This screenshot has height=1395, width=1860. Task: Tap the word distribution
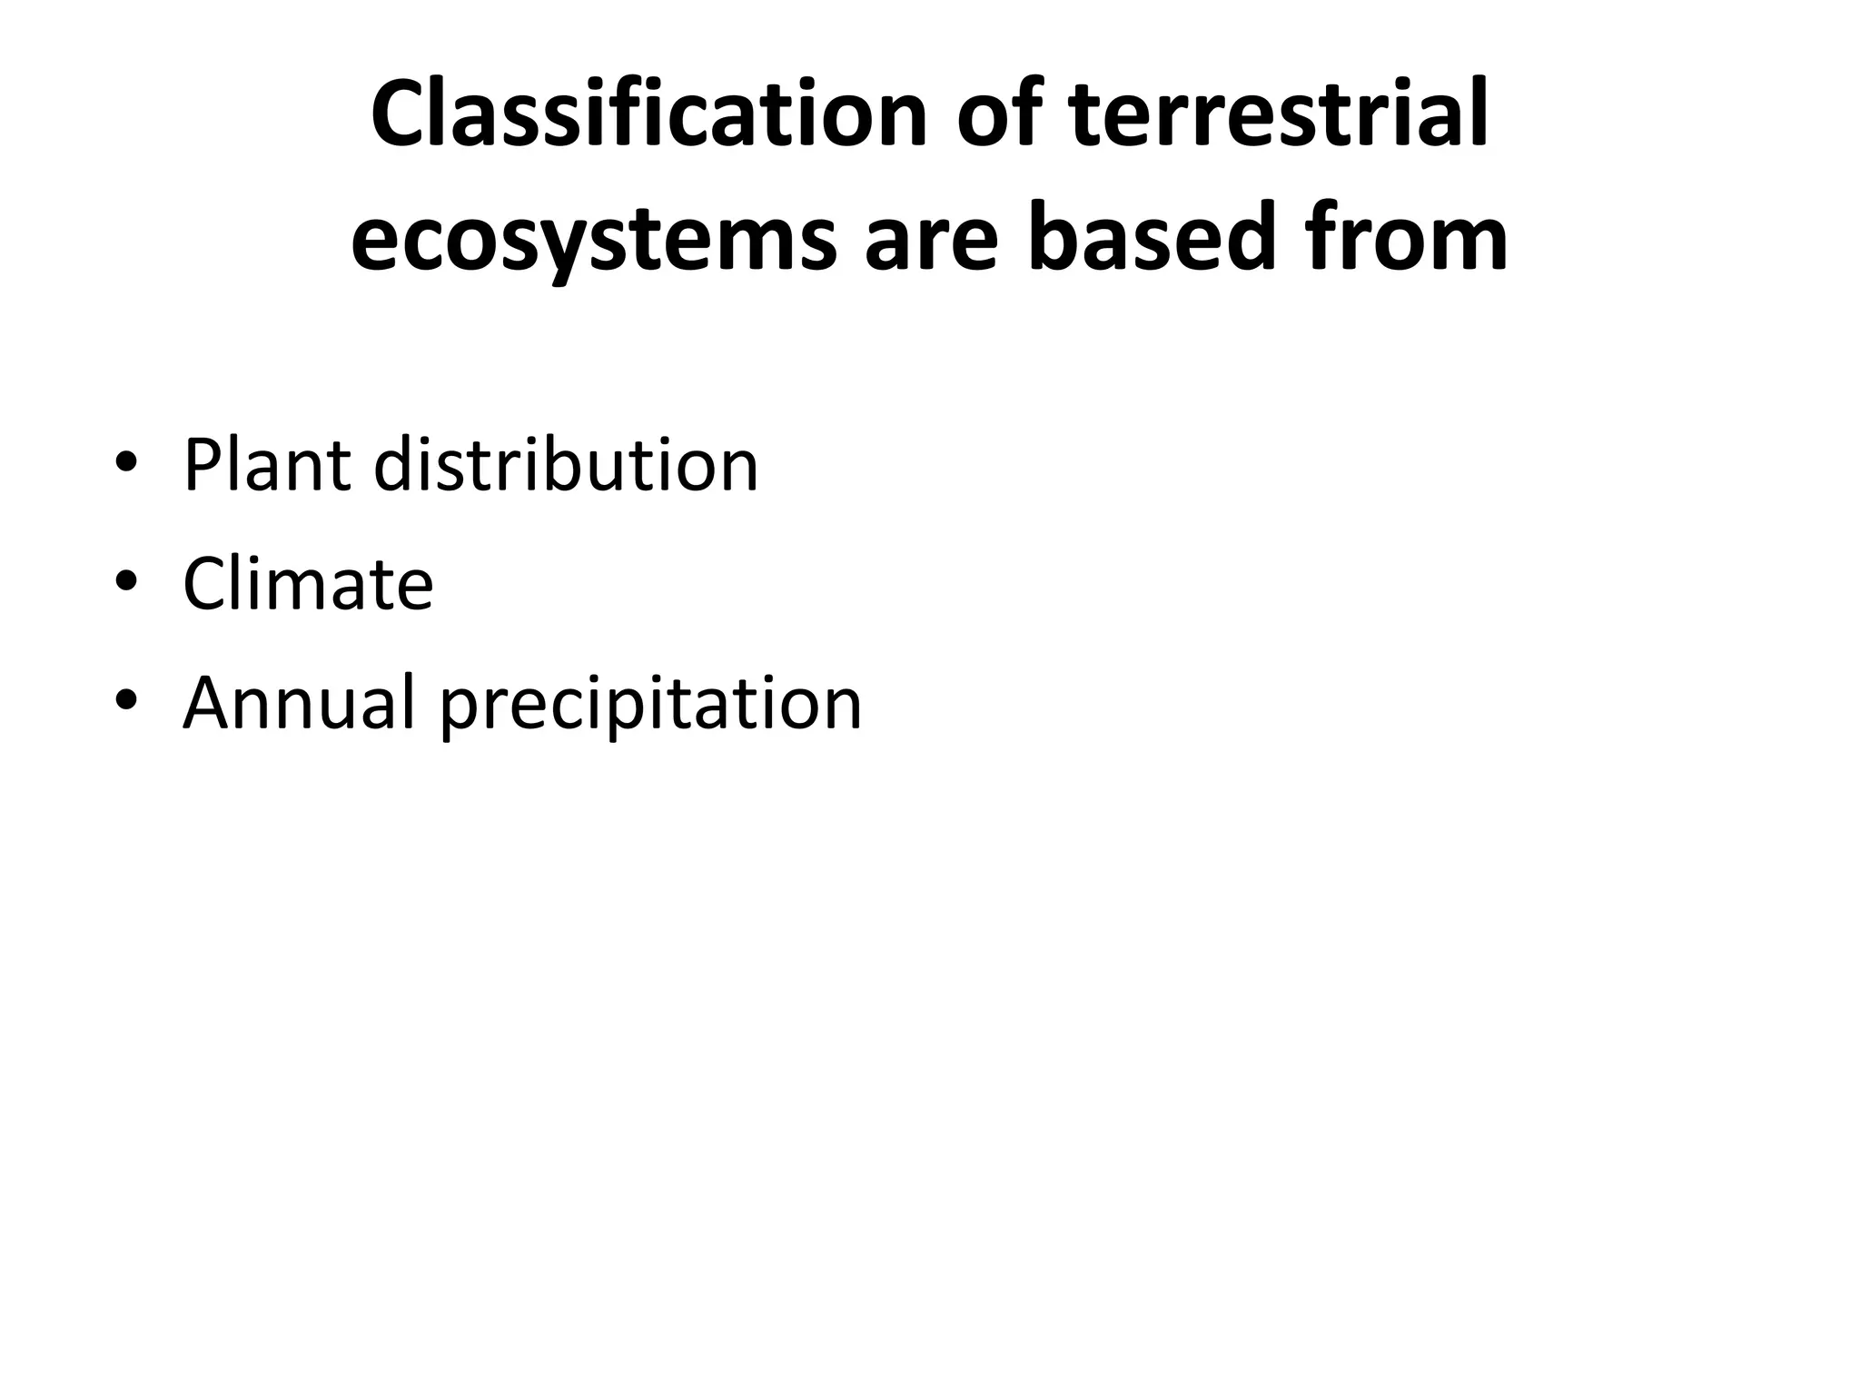tap(566, 465)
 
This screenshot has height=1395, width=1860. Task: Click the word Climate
tap(308, 584)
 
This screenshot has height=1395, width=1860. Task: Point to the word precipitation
tap(651, 704)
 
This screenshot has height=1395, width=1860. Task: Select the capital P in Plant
tap(201, 465)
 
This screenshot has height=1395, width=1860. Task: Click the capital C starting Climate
tap(206, 584)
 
